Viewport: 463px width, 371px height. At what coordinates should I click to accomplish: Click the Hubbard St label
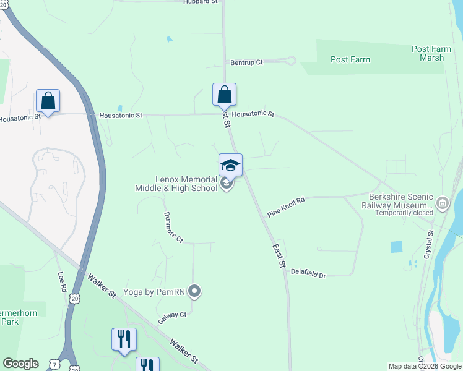tap(201, 2)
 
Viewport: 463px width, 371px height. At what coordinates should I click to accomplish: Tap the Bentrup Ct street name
tap(246, 62)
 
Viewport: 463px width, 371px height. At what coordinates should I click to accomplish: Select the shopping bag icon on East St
tap(224, 95)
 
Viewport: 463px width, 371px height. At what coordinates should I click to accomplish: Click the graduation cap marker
tap(230, 165)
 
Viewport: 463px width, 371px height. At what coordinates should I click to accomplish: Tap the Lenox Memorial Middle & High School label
tap(176, 182)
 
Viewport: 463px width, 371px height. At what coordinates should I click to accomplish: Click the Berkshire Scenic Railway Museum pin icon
tap(442, 203)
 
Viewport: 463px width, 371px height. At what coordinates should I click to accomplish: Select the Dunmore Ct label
tap(174, 227)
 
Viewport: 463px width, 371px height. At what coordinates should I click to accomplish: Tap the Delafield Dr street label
tap(308, 273)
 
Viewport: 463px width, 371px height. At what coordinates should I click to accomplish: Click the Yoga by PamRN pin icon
tap(195, 290)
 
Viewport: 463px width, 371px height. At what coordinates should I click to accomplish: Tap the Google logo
tap(20, 364)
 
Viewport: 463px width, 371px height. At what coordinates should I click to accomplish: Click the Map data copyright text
tap(425, 366)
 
